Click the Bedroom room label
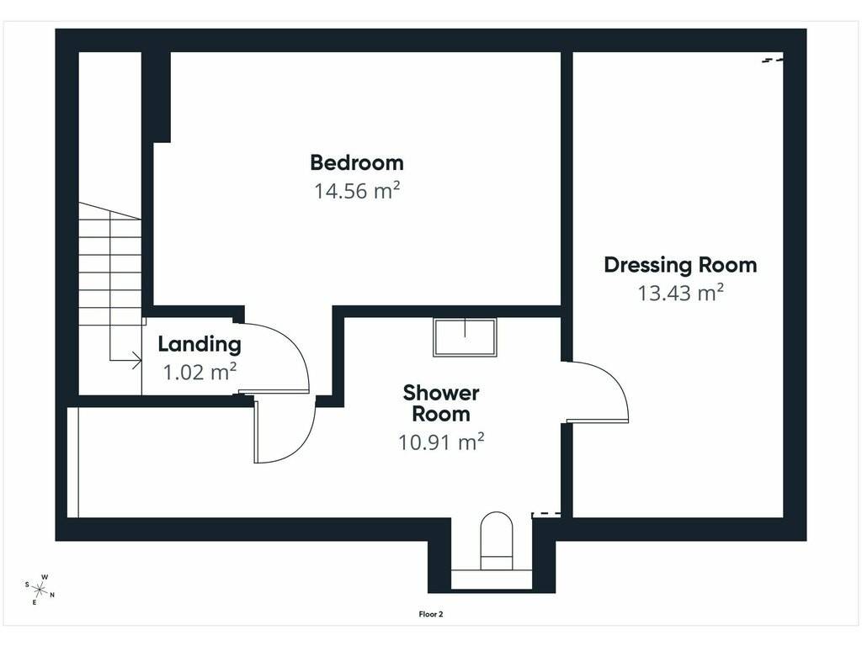357,162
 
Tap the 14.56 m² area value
357,191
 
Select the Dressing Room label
680,265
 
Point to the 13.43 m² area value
680,293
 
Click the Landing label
200,344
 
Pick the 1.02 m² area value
200,372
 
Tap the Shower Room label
441,403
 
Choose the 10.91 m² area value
441,442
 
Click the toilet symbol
497,541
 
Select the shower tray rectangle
465,337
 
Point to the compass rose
40,590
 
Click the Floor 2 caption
431,614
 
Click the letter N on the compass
52,595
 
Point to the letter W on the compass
45,577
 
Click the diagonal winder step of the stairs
110,211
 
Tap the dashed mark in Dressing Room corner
772,60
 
